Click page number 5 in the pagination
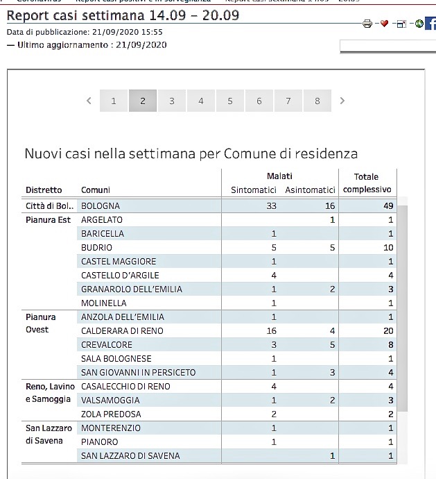coord(230,101)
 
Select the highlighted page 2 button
coord(143,101)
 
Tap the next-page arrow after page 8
coord(342,101)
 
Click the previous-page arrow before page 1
coord(89,101)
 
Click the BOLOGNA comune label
coord(101,206)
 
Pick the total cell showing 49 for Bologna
coord(387,206)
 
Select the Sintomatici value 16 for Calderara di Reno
coord(272,331)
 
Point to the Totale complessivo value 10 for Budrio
coord(388,248)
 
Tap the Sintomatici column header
coord(254,190)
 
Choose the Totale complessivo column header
coord(367,183)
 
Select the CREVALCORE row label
coord(106,345)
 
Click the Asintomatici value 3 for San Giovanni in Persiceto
coord(333,373)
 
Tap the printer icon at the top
coord(367,24)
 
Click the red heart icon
coord(384,24)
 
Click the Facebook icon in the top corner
coord(430,24)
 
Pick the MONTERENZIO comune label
coord(111,428)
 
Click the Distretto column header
coord(44,190)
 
